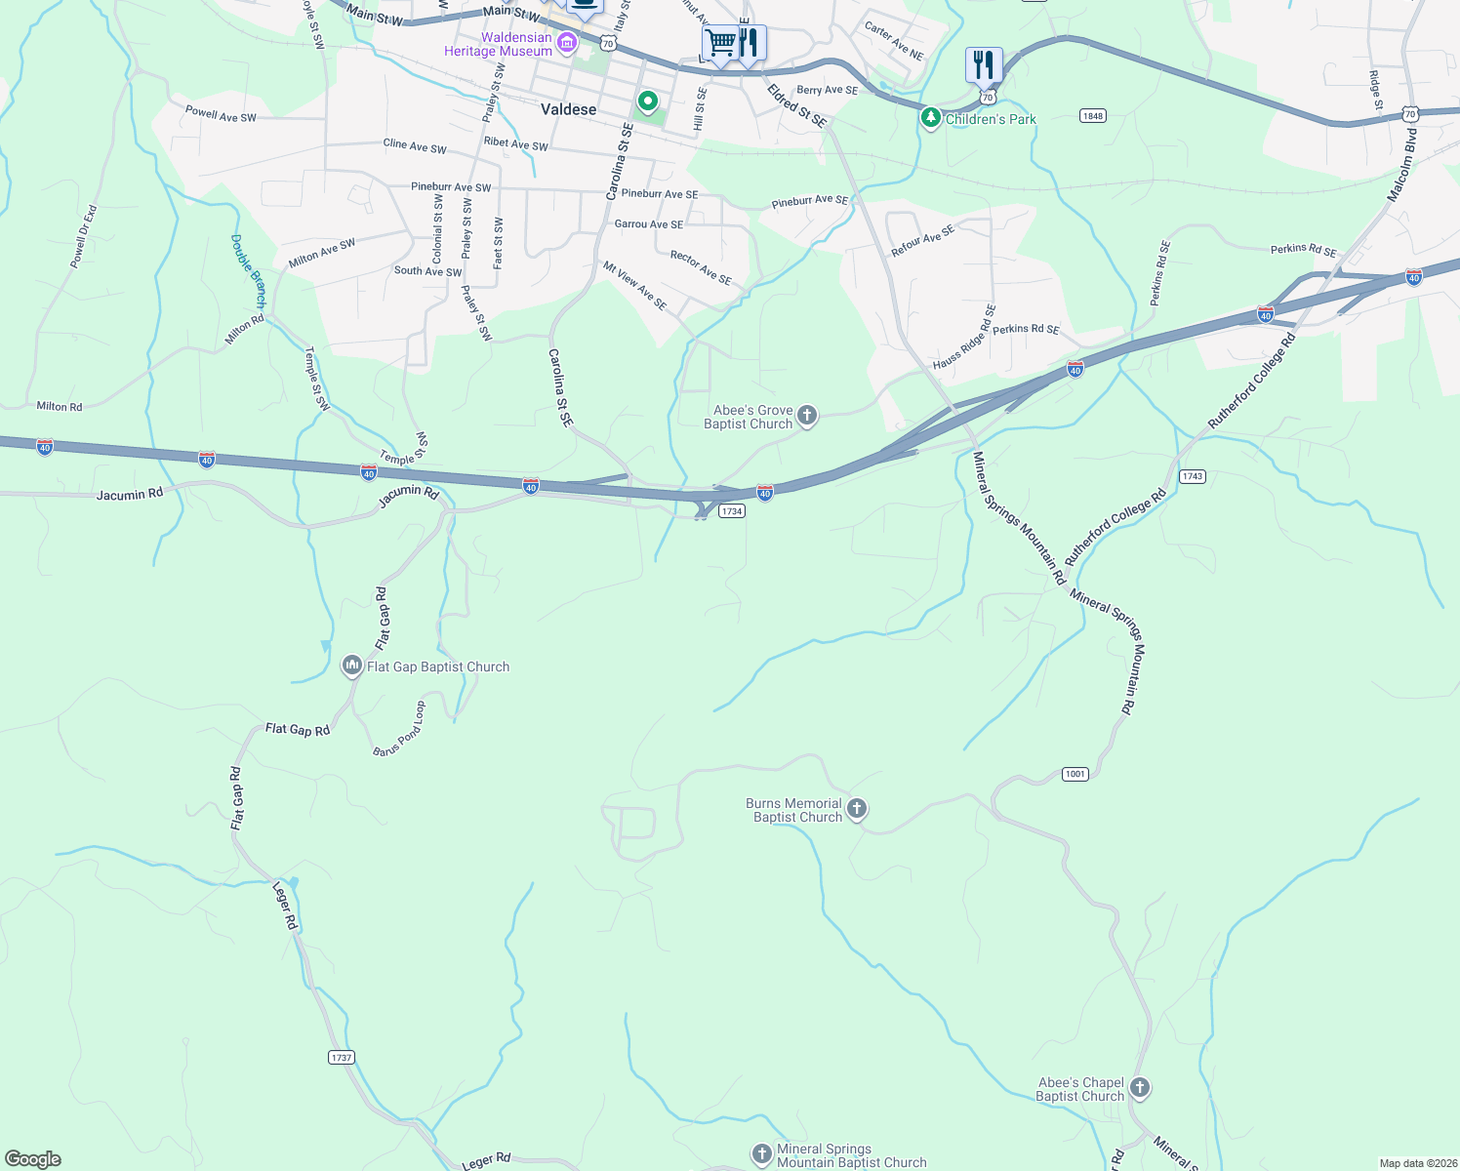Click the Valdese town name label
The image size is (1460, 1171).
[568, 109]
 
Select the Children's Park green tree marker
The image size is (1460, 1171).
[931, 119]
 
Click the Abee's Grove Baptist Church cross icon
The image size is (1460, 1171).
[807, 417]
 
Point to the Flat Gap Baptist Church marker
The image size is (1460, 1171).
[351, 666]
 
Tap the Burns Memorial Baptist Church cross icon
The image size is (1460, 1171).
[857, 809]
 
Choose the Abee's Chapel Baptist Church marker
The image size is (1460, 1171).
[1140, 1088]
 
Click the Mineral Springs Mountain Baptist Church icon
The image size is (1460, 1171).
[762, 1154]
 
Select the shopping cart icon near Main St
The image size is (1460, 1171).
[720, 43]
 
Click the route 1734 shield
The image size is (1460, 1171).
[732, 511]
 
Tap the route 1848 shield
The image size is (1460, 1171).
[1092, 116]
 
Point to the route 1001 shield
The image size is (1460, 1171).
[1075, 774]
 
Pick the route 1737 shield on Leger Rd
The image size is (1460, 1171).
[342, 1058]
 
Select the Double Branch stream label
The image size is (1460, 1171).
[248, 270]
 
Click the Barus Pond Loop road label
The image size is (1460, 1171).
[399, 728]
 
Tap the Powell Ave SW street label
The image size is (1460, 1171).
[221, 114]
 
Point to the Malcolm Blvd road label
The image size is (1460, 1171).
[1402, 166]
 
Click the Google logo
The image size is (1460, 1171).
[33, 1159]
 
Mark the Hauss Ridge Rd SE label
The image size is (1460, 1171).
[963, 337]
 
